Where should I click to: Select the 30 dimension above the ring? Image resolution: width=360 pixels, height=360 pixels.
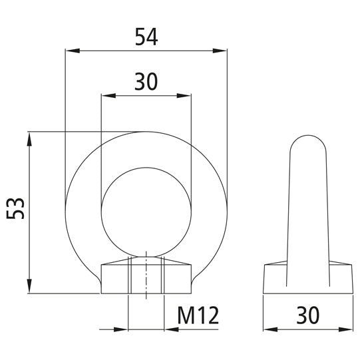pyautogui.click(x=146, y=82)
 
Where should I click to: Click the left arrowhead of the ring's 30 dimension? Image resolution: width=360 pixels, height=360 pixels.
pyautogui.click(x=105, y=94)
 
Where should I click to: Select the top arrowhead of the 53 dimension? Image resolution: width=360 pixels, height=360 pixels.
pyautogui.click(x=29, y=137)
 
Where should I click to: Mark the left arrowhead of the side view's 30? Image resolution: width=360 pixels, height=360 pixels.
pyautogui.click(x=268, y=329)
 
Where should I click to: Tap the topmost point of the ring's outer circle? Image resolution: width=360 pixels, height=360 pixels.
pyautogui.click(x=146, y=131)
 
